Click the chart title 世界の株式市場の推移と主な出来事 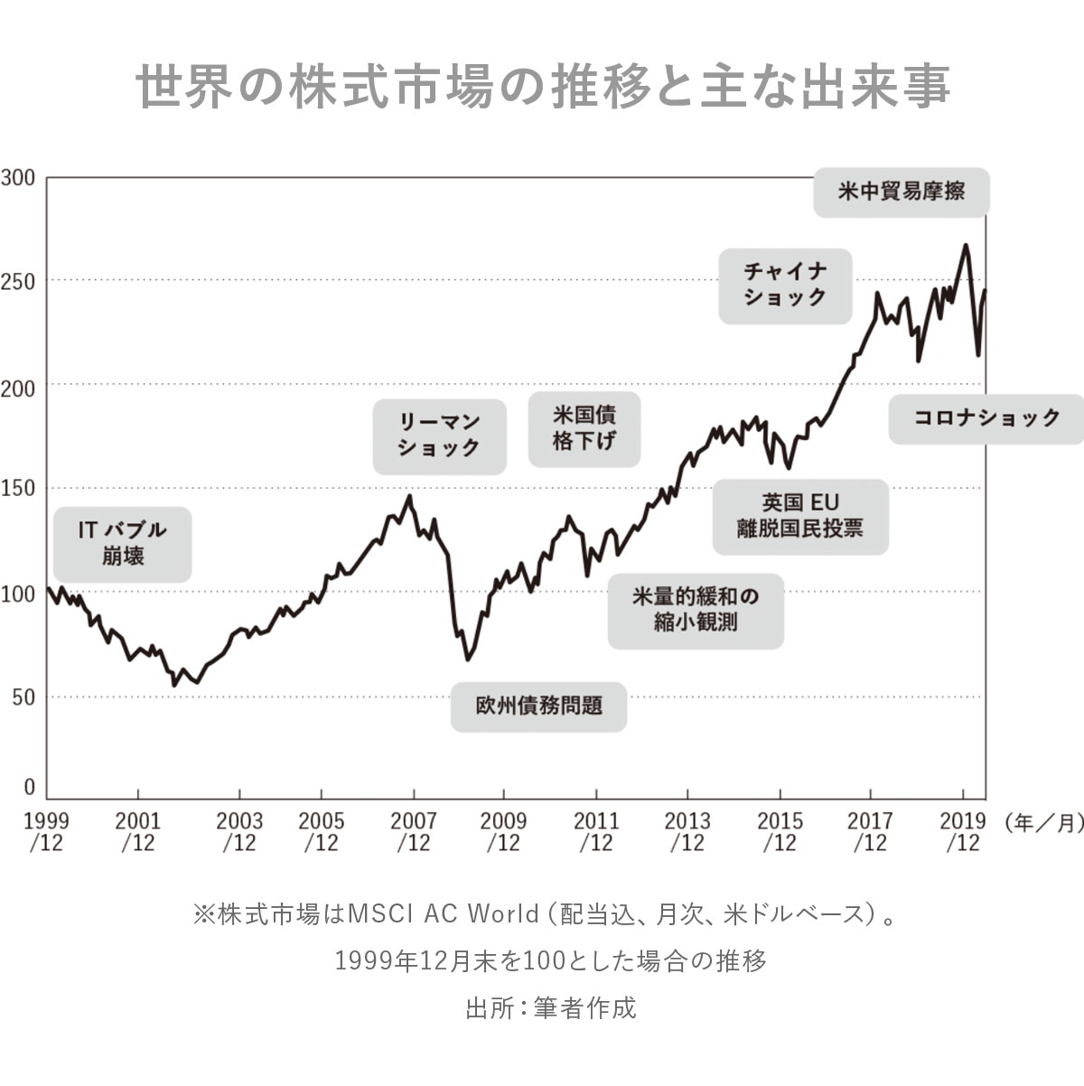[x=542, y=87]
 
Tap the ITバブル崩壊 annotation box [x=122, y=542]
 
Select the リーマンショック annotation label [x=439, y=435]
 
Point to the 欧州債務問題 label [x=538, y=706]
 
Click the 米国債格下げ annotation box [x=584, y=428]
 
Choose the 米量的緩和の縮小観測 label [x=695, y=610]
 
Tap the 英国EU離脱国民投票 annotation [x=799, y=516]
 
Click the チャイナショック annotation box [x=785, y=285]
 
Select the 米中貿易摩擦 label [x=901, y=192]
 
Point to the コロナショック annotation [x=986, y=418]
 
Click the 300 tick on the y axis [x=19, y=178]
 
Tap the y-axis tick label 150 [x=19, y=489]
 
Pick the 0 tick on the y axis [x=29, y=787]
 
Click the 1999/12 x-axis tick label [x=45, y=831]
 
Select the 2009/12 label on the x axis [x=503, y=831]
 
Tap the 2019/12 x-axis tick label [x=962, y=831]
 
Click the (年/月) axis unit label [x=1043, y=823]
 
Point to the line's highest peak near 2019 [x=966, y=245]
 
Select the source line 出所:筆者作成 [x=551, y=1007]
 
